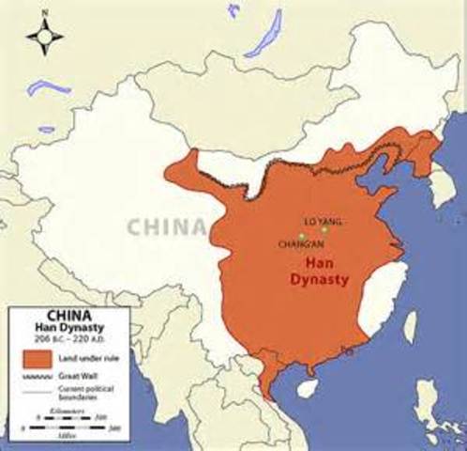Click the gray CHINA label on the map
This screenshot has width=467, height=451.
coord(166,226)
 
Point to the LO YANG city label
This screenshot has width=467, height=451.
coord(324,221)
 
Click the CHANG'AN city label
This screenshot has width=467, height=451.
coord(301,242)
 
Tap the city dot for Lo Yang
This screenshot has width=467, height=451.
coord(324,230)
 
